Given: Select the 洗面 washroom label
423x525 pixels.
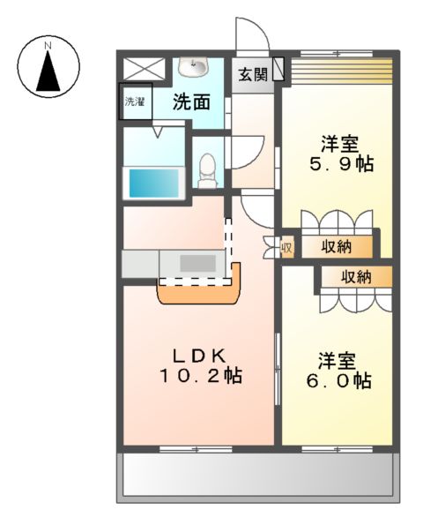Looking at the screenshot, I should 191,101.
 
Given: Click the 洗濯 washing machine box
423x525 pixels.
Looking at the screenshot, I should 136,101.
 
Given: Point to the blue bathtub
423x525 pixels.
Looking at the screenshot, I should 154,183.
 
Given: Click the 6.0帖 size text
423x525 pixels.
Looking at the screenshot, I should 338,381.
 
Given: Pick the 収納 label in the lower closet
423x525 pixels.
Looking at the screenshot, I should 356,276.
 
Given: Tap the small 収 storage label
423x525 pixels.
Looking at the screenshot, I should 286,247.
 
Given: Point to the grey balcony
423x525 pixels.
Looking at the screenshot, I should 256,476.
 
